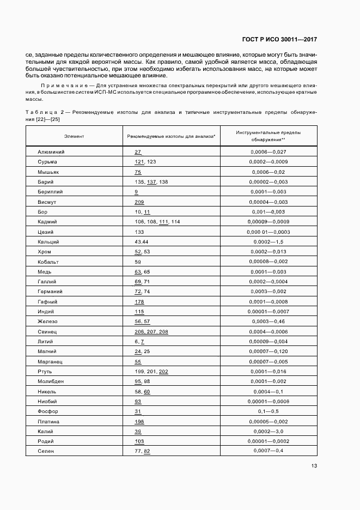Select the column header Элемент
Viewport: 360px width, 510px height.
click(74, 136)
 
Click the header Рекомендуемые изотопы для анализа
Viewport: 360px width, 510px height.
click(171, 136)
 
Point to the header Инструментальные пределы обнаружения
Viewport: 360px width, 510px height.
click(267, 136)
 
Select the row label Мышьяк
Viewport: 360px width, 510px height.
click(47, 172)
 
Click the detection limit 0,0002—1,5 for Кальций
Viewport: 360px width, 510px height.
click(267, 242)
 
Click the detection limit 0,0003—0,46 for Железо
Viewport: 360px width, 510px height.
click(267, 322)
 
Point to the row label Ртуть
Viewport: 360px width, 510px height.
click(46, 372)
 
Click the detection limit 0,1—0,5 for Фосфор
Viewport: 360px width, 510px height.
click(267, 411)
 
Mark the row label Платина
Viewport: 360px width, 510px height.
click(48, 422)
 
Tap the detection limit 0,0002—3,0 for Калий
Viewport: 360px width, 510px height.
click(267, 432)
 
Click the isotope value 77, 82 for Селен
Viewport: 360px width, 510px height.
click(142, 452)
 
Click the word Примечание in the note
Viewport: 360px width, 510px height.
click(61, 86)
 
